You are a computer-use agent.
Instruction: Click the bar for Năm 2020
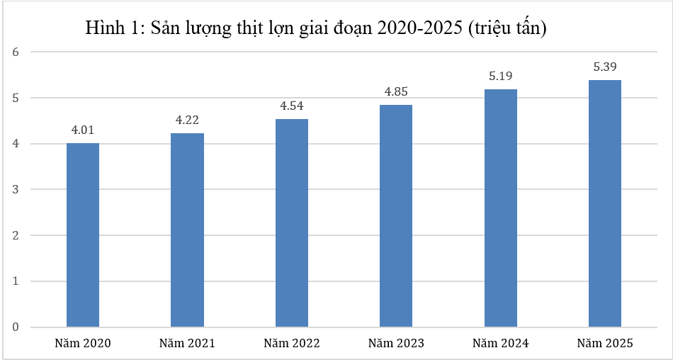83,235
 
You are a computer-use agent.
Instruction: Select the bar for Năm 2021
187,230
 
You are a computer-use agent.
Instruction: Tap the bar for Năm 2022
291,223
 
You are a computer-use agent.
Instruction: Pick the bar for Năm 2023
396,215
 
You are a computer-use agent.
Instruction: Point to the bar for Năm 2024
500,208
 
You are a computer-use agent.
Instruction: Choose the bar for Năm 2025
605,203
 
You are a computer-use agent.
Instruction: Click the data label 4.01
83,130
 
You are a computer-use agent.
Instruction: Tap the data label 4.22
187,120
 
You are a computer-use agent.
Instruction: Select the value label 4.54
292,106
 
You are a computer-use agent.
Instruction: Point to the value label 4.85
396,91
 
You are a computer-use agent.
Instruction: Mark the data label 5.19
500,76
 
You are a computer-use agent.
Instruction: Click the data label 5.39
605,67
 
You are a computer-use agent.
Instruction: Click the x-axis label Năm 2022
292,343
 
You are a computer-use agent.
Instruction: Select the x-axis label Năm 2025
605,343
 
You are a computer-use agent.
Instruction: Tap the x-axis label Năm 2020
83,343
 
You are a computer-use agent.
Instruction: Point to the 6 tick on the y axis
16,52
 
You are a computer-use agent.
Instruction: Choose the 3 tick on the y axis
16,189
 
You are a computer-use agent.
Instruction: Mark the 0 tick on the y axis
16,327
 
